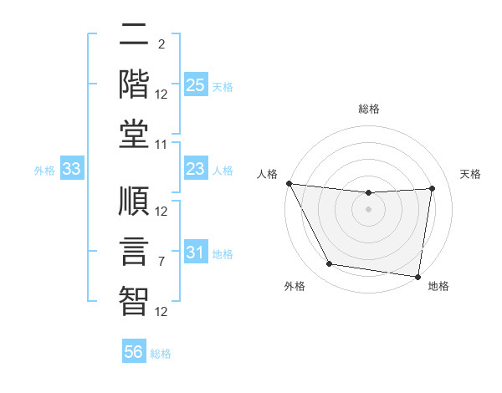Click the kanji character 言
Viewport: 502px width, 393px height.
[134, 249]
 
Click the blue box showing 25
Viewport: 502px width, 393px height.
[195, 84]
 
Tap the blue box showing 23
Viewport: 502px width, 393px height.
[195, 170]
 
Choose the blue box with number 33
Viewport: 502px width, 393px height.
[72, 170]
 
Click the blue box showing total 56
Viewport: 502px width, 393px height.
[134, 352]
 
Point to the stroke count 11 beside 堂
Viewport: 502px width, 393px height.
[161, 144]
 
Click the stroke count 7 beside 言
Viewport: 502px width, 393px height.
[161, 262]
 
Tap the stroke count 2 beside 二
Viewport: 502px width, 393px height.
[161, 43]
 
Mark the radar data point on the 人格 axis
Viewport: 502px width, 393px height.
[289, 183]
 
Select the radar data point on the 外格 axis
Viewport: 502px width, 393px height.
[329, 264]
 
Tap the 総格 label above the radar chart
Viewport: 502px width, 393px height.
[368, 109]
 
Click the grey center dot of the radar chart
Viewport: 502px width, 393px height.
[368, 209]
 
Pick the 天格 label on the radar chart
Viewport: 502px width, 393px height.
[470, 174]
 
